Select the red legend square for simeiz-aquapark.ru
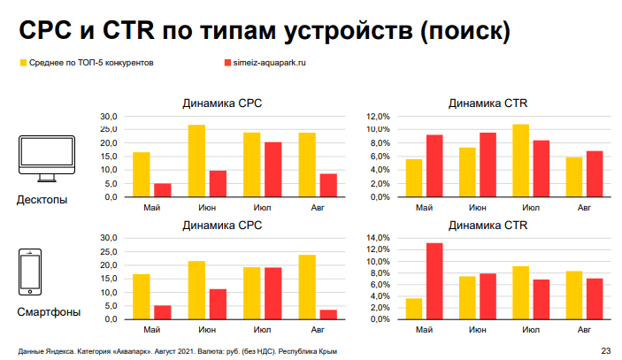(227, 65)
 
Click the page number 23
(605, 349)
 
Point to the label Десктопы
(42, 200)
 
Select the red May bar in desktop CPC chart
(162, 190)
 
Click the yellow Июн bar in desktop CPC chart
(196, 161)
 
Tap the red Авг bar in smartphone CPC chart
(329, 314)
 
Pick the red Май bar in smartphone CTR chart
(434, 280)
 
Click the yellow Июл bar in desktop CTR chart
(520, 160)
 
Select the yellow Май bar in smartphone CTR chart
(413, 309)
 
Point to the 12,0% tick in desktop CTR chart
(377, 117)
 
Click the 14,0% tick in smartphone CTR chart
(377, 238)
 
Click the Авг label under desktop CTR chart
(584, 208)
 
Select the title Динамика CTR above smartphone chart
(488, 226)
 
